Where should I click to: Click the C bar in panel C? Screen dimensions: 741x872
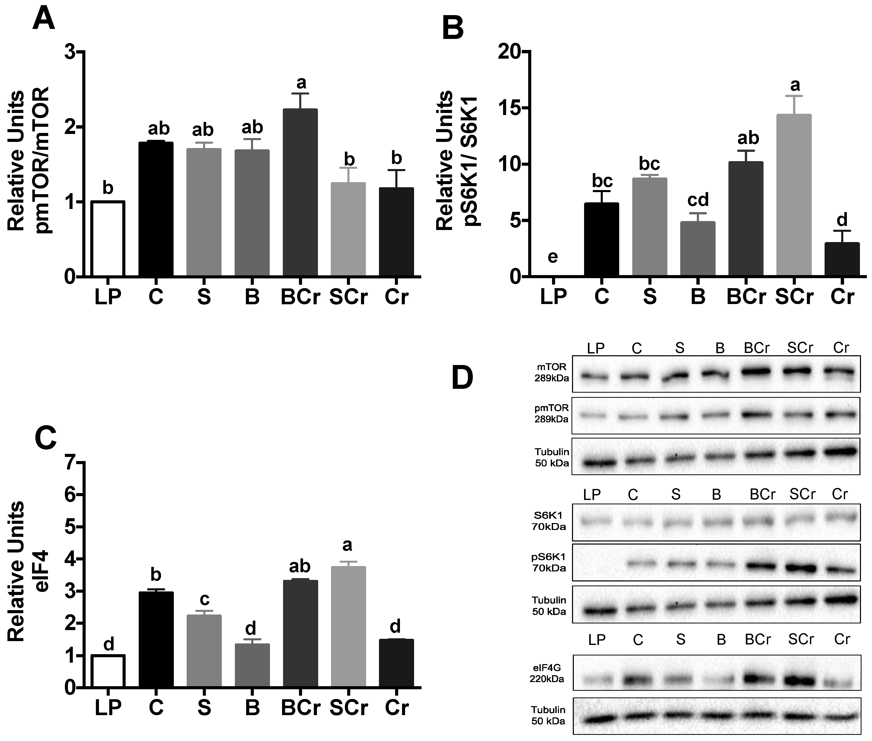coord(156,639)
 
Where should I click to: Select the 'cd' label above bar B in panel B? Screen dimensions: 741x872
coord(698,200)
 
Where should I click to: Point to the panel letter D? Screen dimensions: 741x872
coord(462,378)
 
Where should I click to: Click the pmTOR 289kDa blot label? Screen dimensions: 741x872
coord(552,413)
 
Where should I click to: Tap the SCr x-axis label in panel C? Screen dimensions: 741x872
coord(348,707)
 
